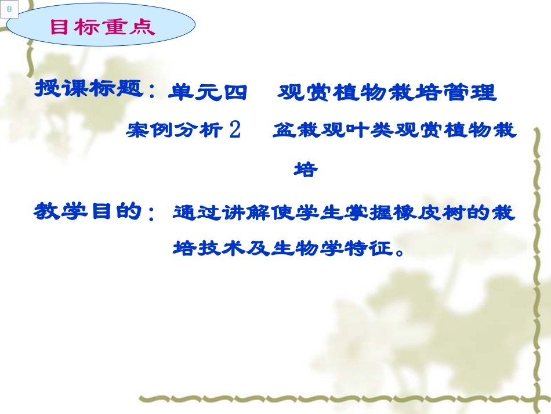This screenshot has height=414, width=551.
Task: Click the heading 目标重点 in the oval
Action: click(103, 27)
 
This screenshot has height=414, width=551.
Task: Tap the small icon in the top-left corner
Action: click(9, 9)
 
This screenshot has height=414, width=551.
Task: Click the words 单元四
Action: click(206, 92)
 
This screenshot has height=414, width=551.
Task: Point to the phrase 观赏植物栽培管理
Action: click(387, 92)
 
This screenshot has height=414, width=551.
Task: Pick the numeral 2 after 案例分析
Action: click(235, 131)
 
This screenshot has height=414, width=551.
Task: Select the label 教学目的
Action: click(88, 211)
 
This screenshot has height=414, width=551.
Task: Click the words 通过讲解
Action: click(206, 213)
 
